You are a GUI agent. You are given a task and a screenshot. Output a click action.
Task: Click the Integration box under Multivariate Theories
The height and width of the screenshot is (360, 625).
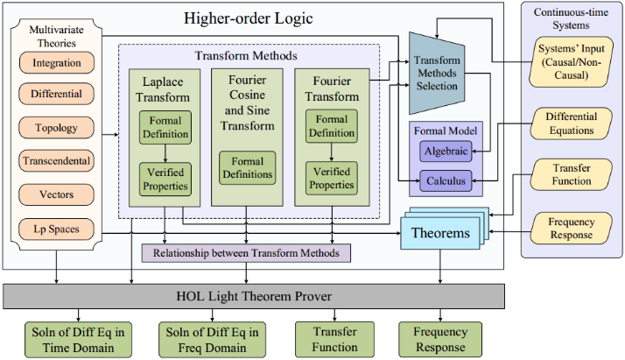pyautogui.click(x=57, y=62)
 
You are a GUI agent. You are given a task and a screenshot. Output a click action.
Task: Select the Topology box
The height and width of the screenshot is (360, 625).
pyautogui.click(x=57, y=128)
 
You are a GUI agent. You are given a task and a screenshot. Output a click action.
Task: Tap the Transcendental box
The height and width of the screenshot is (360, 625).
pyautogui.click(x=57, y=160)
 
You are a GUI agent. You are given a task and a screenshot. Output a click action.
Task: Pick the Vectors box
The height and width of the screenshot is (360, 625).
pyautogui.click(x=57, y=194)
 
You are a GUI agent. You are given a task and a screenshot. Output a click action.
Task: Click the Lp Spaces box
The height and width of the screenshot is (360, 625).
pyautogui.click(x=57, y=229)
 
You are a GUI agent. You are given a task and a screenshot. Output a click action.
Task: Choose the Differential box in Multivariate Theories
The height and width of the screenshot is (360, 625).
pyautogui.click(x=57, y=94)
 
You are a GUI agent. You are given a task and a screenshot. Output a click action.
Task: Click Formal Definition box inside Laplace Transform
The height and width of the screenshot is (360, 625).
pyautogui.click(x=165, y=127)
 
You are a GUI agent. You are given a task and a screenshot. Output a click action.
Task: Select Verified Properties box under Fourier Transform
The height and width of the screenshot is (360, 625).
pyautogui.click(x=332, y=178)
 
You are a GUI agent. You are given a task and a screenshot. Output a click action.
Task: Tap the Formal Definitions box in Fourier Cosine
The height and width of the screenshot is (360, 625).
pyautogui.click(x=248, y=168)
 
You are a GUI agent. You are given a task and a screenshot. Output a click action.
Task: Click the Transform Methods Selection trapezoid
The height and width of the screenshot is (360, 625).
pyautogui.click(x=437, y=74)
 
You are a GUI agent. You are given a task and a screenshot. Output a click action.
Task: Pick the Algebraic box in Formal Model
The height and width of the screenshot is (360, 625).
pyautogui.click(x=446, y=152)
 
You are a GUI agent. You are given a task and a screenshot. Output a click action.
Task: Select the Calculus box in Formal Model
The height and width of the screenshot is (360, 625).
pyautogui.click(x=446, y=181)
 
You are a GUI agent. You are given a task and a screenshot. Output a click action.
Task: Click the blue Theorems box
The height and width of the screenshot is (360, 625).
pyautogui.click(x=440, y=233)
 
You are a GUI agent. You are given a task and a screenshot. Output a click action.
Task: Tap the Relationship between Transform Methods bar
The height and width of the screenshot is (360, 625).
pyautogui.click(x=246, y=253)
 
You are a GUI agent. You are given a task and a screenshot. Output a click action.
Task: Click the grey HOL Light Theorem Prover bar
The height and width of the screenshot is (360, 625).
pyautogui.click(x=254, y=296)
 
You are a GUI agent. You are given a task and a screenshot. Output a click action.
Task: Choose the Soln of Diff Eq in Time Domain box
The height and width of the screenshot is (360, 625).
pyautogui.click(x=78, y=340)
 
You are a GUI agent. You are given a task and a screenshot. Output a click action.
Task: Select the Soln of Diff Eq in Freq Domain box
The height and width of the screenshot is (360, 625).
pyautogui.click(x=212, y=340)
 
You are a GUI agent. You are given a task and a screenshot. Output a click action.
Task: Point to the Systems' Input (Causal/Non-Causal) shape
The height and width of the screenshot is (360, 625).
pyautogui.click(x=571, y=62)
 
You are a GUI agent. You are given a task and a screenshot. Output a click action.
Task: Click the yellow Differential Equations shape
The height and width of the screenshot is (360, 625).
pyautogui.click(x=572, y=124)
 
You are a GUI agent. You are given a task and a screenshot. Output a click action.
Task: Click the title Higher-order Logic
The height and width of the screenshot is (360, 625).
pyautogui.click(x=249, y=18)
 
